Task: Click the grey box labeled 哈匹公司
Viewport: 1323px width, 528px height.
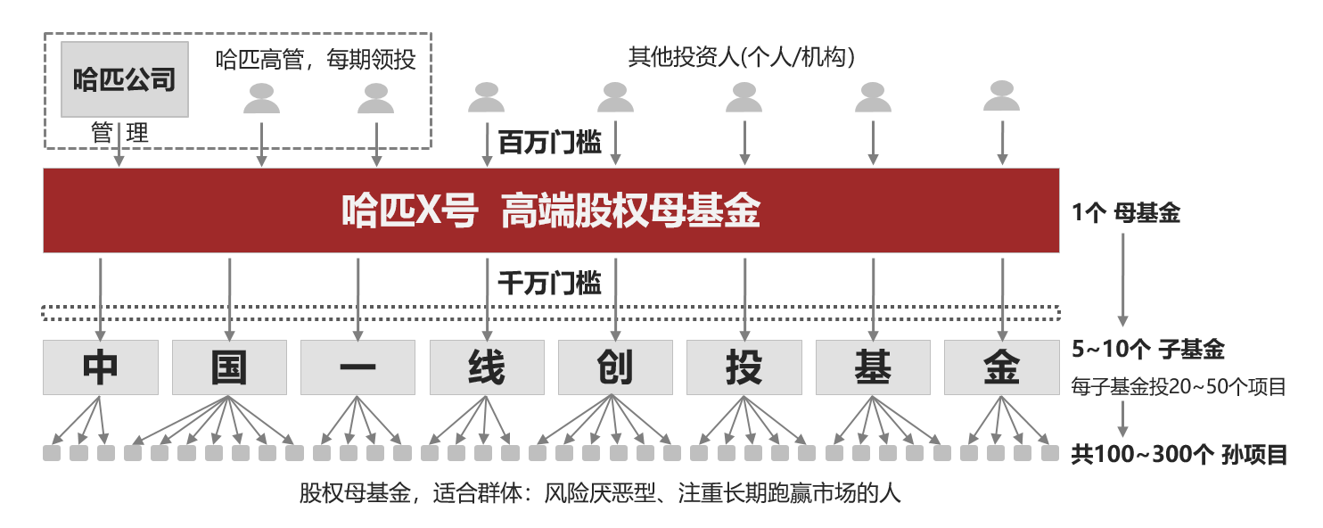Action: coord(124,79)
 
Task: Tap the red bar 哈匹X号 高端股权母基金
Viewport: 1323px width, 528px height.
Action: coord(551,210)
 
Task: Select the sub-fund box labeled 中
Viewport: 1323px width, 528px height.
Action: coord(101,367)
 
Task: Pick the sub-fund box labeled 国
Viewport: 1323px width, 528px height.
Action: coord(229,367)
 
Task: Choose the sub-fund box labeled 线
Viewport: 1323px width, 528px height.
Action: coord(487,367)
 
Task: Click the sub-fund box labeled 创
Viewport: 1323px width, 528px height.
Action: coord(615,367)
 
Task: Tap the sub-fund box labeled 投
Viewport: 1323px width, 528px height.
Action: coord(744,367)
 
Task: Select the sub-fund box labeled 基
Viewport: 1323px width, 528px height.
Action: coord(873,367)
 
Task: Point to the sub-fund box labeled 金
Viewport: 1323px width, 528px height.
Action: coord(1001,367)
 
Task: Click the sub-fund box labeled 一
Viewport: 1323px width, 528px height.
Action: coord(357,367)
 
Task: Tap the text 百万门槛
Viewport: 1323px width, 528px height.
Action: coord(549,142)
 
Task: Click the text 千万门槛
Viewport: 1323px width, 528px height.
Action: coord(549,283)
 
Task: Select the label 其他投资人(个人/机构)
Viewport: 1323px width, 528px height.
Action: coord(742,58)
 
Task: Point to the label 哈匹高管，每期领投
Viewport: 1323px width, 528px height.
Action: coord(316,60)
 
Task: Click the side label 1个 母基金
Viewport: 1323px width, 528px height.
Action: coord(1126,213)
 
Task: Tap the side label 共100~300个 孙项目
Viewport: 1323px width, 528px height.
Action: coord(1179,455)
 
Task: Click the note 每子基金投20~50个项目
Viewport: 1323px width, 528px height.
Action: coord(1178,387)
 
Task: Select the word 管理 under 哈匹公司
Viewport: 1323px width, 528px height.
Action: coord(119,134)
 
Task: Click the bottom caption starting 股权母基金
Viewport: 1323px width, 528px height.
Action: coord(600,493)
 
